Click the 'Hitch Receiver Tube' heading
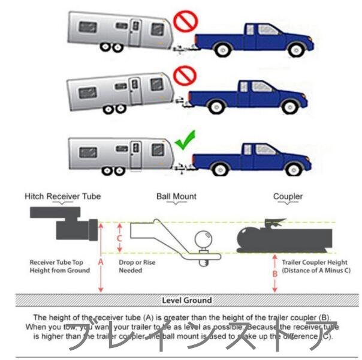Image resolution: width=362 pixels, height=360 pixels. [62, 196]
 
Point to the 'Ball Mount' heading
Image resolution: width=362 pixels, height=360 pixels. [176, 196]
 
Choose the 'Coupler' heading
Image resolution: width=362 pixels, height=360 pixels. [288, 196]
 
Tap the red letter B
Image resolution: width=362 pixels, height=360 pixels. [275, 274]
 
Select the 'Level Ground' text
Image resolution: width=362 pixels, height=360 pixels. [186, 300]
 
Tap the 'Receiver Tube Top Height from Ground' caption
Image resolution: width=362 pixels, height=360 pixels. [59, 266]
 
